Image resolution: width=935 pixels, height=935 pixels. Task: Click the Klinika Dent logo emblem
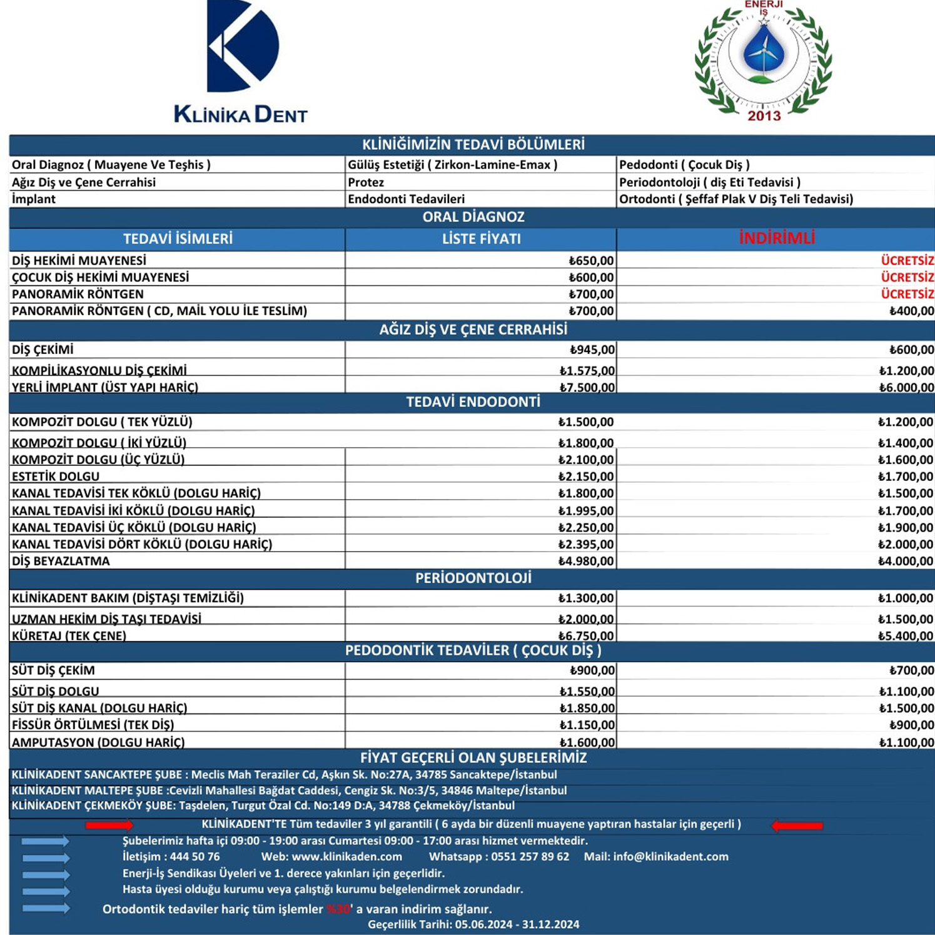pos(243,47)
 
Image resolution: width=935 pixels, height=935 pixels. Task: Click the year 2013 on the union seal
pos(764,116)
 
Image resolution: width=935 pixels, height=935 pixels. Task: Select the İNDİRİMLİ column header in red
pos(777,238)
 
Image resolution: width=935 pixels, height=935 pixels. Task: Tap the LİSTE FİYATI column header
pos(481,239)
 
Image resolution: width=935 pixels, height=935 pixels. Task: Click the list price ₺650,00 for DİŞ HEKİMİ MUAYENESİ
pos(591,261)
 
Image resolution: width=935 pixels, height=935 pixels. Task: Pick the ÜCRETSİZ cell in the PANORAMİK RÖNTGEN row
pos(907,294)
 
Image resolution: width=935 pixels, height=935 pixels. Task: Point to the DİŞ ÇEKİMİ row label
pos(43,350)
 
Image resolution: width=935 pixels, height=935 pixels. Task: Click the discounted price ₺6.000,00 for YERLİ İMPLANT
pos(906,388)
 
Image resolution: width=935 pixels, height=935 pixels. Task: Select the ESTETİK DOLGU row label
pos(56,477)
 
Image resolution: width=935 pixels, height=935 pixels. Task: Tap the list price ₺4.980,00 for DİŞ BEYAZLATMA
pos(586,561)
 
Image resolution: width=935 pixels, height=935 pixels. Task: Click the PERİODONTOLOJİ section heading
pos(473,579)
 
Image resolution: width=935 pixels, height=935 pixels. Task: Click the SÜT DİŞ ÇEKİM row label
pos(53,670)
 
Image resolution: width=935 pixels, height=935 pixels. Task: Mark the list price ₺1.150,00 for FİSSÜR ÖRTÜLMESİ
pos(587,725)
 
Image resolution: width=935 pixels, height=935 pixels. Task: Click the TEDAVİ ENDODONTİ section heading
pos(473,402)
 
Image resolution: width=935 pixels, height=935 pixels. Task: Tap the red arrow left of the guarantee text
pos(109,826)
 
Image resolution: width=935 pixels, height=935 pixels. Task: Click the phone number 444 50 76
pos(195,857)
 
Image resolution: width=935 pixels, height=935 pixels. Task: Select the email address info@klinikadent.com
pos(670,857)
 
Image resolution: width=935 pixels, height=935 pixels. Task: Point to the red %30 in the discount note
pos(338,909)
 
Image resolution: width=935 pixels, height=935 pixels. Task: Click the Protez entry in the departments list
pos(366,183)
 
